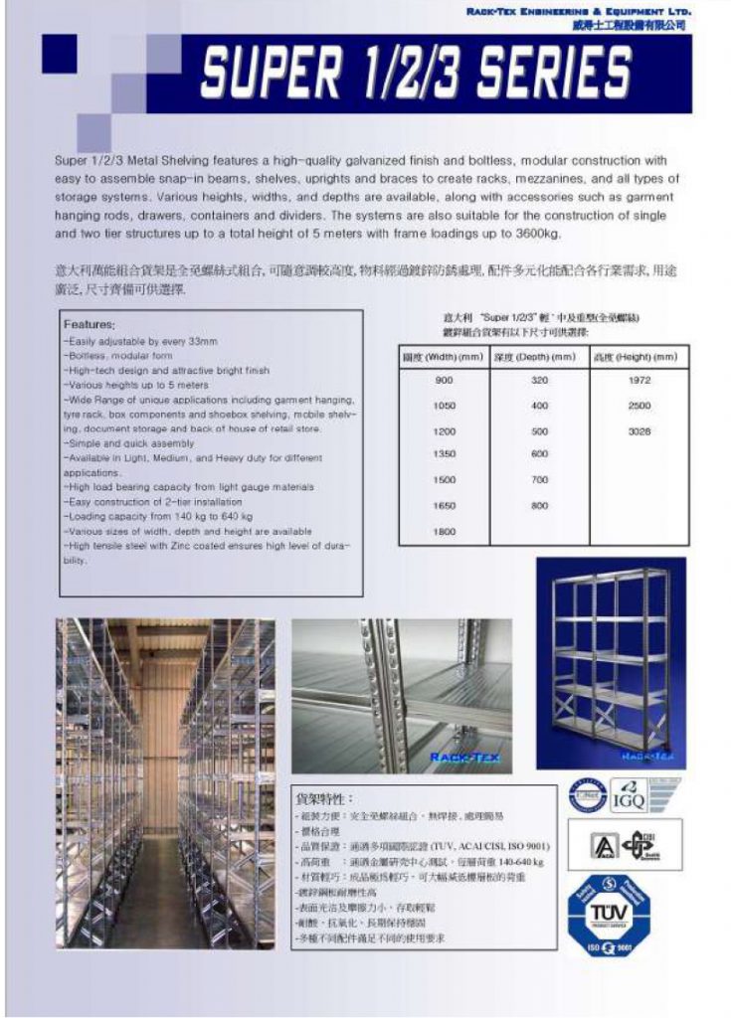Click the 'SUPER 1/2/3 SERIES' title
tap(416, 74)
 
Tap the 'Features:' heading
tap(90, 325)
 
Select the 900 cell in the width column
tap(444, 381)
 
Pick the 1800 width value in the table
tap(444, 532)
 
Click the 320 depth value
tap(539, 381)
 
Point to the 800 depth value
tap(539, 506)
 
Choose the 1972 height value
tap(639, 381)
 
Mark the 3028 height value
tap(639, 431)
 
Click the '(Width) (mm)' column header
tap(444, 357)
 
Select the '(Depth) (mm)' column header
tap(539, 357)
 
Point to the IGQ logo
tap(629, 798)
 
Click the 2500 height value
tap(639, 406)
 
